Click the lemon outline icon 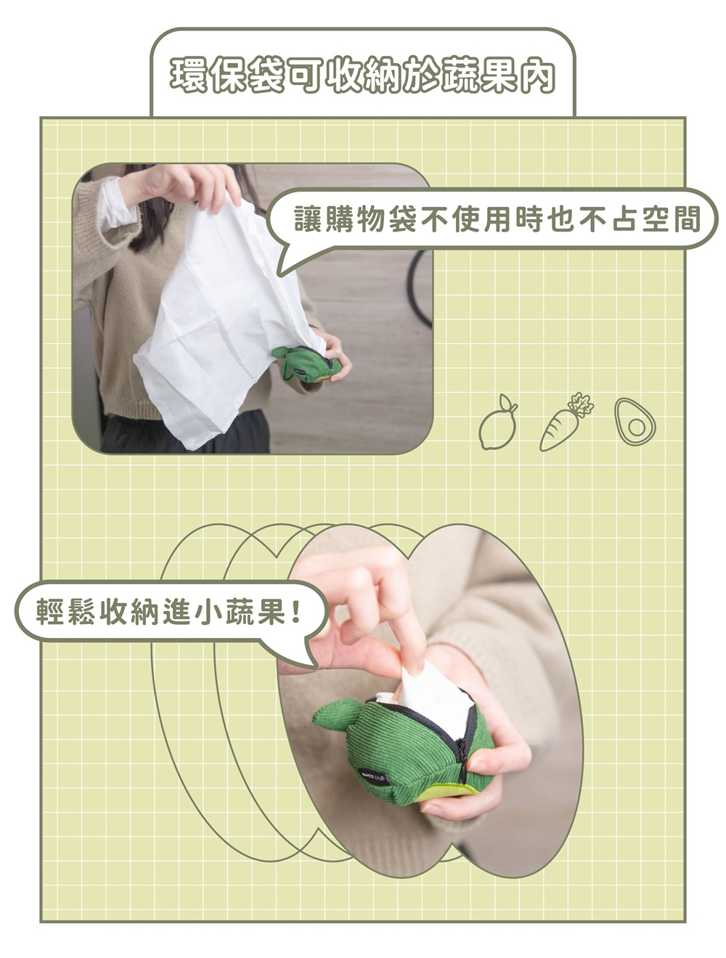[497, 422]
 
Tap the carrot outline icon [566, 421]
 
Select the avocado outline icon [635, 422]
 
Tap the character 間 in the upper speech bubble [687, 218]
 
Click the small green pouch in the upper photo [306, 364]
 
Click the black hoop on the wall [417, 288]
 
